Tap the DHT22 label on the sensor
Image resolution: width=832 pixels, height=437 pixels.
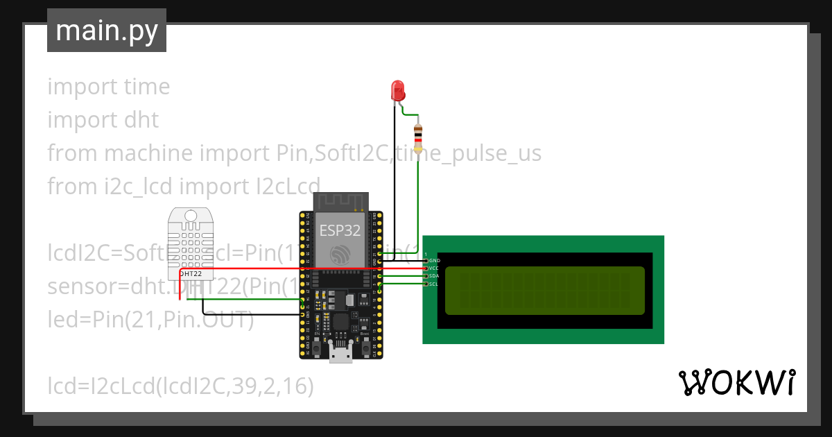(x=191, y=273)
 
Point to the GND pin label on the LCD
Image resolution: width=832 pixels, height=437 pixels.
(x=435, y=260)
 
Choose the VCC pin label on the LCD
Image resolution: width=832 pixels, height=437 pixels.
(x=435, y=268)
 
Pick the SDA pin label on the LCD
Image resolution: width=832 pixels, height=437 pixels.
(x=435, y=276)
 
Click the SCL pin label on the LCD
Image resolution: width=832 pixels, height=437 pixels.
(x=435, y=284)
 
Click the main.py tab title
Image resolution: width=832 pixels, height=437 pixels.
(x=107, y=31)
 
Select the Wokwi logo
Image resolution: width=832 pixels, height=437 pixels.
(x=736, y=382)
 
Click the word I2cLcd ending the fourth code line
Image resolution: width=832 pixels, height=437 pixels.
(x=284, y=187)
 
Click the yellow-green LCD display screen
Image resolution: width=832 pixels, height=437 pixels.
(x=544, y=290)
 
